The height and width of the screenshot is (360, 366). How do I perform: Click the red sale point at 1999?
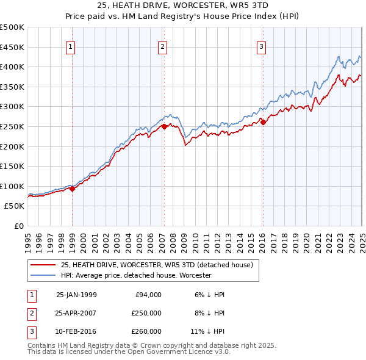pyautogui.click(x=73, y=189)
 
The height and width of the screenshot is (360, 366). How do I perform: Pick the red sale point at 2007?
pyautogui.click(x=164, y=127)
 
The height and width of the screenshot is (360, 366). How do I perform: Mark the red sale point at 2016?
pyautogui.click(x=263, y=123)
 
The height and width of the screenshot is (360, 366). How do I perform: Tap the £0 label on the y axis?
pyautogui.click(x=18, y=226)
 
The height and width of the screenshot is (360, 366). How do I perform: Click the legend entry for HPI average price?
pyautogui.click(x=135, y=275)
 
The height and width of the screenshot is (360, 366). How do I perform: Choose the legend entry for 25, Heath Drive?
pyautogui.click(x=160, y=264)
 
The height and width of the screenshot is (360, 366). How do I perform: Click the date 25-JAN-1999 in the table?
pyautogui.click(x=76, y=295)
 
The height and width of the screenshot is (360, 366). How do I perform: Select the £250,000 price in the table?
pyautogui.click(x=146, y=313)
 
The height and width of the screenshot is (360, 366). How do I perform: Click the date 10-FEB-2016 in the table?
pyautogui.click(x=76, y=331)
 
